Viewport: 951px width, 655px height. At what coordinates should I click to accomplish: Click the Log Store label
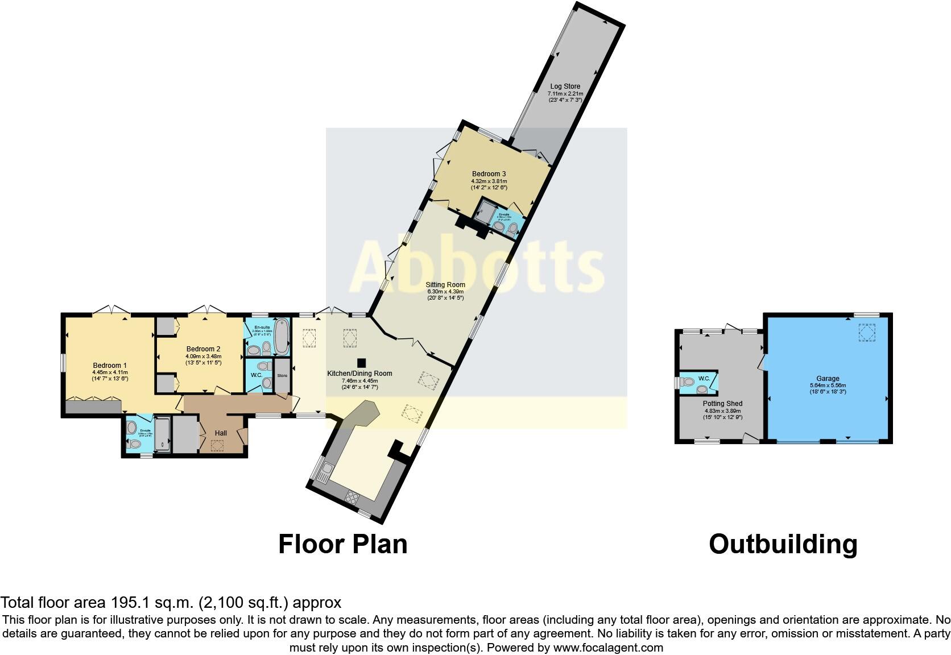pyautogui.click(x=564, y=86)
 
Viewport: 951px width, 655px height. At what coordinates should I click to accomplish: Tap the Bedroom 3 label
pyautogui.click(x=489, y=174)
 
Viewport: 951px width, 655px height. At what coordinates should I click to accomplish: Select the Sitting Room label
pyautogui.click(x=445, y=284)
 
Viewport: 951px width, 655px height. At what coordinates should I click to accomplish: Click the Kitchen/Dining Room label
pyautogui.click(x=359, y=374)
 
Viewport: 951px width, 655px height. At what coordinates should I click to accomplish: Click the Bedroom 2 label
pyautogui.click(x=203, y=349)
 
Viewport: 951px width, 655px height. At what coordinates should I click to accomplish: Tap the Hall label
pyautogui.click(x=221, y=433)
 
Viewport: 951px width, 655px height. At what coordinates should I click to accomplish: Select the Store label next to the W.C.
pyautogui.click(x=282, y=376)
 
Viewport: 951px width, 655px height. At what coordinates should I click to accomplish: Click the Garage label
pyautogui.click(x=828, y=379)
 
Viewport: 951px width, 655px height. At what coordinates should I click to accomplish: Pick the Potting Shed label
pyautogui.click(x=723, y=404)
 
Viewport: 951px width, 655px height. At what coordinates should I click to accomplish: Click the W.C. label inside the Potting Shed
pyautogui.click(x=704, y=378)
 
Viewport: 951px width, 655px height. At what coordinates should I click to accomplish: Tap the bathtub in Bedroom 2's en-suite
pyautogui.click(x=281, y=337)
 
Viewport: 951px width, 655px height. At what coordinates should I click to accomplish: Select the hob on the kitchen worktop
pyautogui.click(x=353, y=498)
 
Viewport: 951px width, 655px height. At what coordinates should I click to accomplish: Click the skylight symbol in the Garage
pyautogui.click(x=867, y=332)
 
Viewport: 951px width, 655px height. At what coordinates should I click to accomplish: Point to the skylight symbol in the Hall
pyautogui.click(x=217, y=446)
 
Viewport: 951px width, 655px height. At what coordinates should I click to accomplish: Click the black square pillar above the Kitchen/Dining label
pyautogui.click(x=361, y=363)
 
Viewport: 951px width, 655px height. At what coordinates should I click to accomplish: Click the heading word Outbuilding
pyautogui.click(x=783, y=544)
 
